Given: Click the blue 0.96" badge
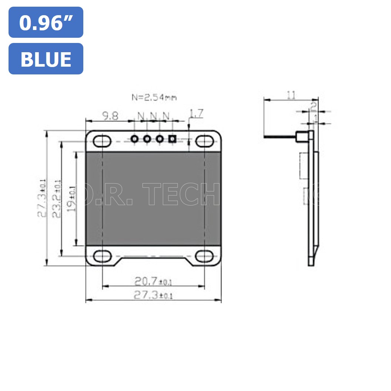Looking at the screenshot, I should pos(46,23).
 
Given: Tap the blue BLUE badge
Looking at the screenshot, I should pos(46,59).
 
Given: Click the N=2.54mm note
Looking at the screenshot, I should pos(154,98).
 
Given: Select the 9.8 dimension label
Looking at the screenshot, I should pos(110,116).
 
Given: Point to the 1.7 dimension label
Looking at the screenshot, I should pos(196,114).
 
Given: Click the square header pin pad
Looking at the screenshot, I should pos(172,139).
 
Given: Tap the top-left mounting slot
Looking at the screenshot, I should pos(102,141).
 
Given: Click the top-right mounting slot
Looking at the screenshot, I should pos(205,141).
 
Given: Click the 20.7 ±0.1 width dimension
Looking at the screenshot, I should pos(153,282).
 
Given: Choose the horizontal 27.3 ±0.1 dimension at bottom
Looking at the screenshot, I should pos(153,295).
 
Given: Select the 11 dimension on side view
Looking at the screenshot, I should pos(291,95).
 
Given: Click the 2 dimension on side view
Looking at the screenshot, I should pos(313,107).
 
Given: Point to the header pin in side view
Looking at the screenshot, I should pos(281,138).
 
